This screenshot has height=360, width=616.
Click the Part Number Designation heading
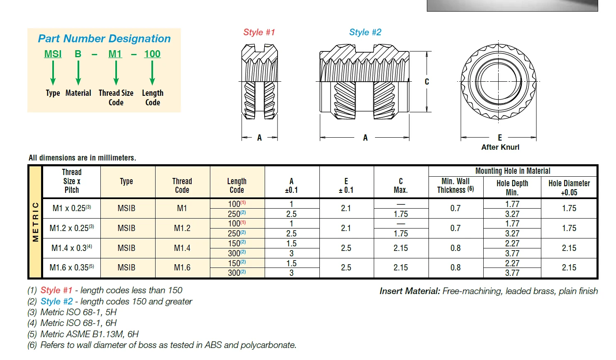[104, 39]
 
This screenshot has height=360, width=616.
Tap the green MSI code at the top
[53, 54]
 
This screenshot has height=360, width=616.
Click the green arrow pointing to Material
[78, 73]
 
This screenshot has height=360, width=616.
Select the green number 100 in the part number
[152, 54]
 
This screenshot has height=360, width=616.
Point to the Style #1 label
[259, 32]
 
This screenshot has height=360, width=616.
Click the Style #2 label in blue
[365, 32]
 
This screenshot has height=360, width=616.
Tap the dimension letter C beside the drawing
[427, 82]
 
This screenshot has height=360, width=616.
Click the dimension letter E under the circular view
[500, 138]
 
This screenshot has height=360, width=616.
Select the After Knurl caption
[500, 147]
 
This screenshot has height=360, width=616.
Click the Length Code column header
[237, 186]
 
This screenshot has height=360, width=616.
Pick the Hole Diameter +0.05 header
[569, 188]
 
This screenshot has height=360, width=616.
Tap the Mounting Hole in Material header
[513, 171]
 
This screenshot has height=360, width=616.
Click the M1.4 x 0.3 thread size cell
[72, 248]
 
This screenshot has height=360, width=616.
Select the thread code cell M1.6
[182, 268]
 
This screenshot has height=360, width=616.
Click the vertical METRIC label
[36, 222]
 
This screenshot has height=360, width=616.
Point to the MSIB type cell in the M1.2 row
[127, 228]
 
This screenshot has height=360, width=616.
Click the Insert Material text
[489, 291]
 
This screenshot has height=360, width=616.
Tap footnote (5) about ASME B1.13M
[83, 334]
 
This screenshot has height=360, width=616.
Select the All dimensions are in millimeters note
[82, 158]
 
